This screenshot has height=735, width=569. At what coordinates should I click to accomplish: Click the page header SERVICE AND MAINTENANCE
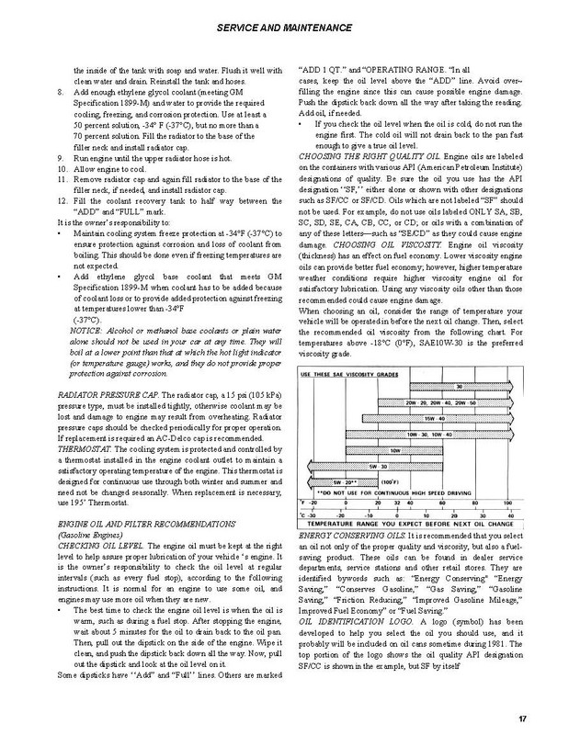coord(284,28)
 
